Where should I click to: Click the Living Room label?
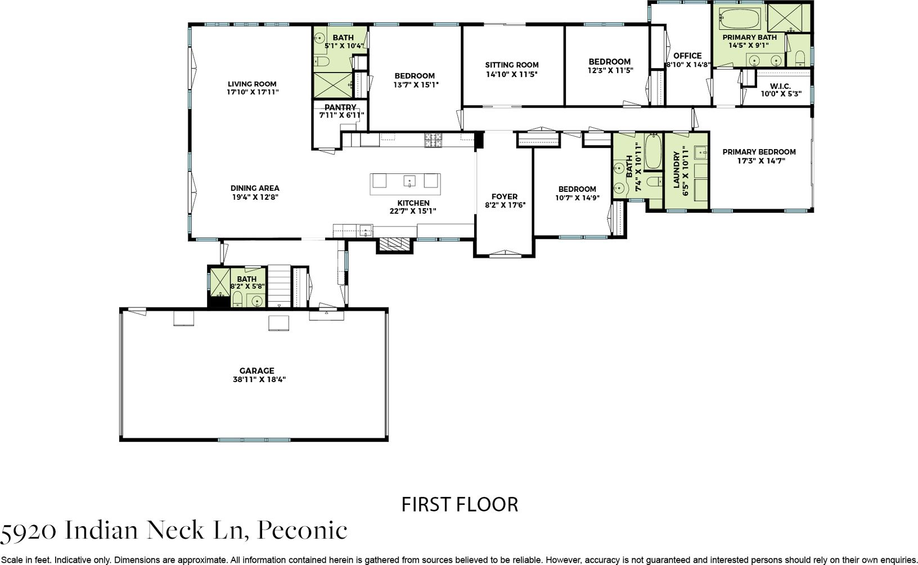coord(252,84)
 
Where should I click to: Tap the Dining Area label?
coord(255,188)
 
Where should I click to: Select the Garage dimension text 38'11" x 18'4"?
coord(259,379)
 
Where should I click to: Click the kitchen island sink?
coord(409,181)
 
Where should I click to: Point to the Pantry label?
coord(340,107)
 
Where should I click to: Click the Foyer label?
coord(505,196)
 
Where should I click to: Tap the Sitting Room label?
coord(512,65)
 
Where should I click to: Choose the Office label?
coord(687,56)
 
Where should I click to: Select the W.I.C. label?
coord(780,86)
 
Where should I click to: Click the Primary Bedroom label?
coord(759,152)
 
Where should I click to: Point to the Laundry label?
coord(677,170)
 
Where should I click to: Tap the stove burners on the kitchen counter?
coord(433,140)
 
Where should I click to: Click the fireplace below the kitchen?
coord(395,245)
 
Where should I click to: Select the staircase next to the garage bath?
coord(279,286)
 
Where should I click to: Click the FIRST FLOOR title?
coord(460,505)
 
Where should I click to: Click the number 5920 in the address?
coord(28,532)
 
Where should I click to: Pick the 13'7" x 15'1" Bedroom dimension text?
coord(416,85)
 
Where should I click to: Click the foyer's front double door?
coord(505,254)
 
